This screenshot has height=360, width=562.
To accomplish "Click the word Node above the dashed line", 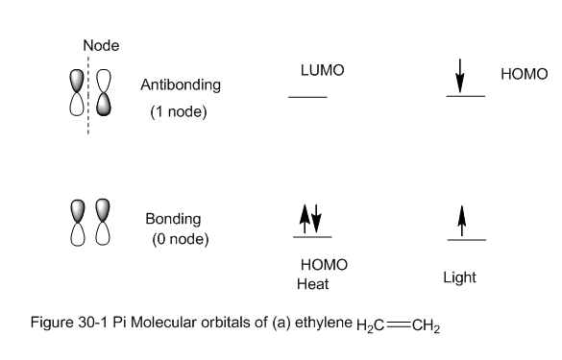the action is click(x=101, y=45).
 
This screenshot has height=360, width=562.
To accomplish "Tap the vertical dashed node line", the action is click(x=88, y=95).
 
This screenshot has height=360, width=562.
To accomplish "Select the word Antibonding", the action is click(x=181, y=85).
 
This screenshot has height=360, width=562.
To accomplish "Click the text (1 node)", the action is click(x=179, y=111).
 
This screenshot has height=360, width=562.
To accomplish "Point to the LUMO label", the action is click(x=322, y=70).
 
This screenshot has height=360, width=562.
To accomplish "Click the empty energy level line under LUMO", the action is click(x=307, y=97).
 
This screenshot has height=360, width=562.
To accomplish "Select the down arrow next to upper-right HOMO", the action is click(x=460, y=76).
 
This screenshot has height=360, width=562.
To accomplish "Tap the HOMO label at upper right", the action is click(x=524, y=74).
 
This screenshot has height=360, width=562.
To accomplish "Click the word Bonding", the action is click(x=173, y=219).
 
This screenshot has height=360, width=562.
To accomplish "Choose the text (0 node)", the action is click(x=181, y=239).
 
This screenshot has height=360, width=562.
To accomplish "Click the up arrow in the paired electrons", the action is click(x=305, y=219).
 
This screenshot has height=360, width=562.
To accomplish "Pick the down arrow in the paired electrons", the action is click(x=316, y=219).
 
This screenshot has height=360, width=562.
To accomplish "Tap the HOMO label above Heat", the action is click(x=324, y=265).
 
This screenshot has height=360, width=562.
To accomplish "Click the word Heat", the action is click(x=312, y=284).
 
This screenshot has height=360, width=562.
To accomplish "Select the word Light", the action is click(x=459, y=277).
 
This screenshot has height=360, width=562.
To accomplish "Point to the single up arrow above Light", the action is click(x=462, y=221).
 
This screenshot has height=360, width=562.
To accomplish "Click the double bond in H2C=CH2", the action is click(x=398, y=324).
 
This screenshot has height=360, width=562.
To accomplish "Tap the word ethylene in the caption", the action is click(x=324, y=323).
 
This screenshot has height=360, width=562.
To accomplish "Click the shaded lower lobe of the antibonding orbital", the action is click(x=104, y=105).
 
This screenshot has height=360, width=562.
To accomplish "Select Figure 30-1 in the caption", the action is click(x=69, y=323).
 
